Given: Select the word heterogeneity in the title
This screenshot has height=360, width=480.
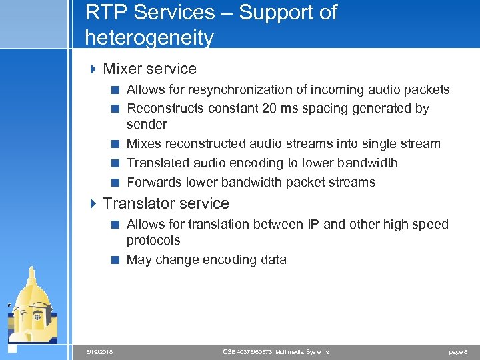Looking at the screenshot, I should (x=149, y=38).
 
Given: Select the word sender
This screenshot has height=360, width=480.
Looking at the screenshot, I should (x=147, y=125).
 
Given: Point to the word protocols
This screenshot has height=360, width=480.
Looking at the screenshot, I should (x=153, y=241).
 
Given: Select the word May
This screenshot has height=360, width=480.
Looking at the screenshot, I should (x=139, y=260).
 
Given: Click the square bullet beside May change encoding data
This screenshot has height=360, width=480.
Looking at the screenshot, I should (x=115, y=260).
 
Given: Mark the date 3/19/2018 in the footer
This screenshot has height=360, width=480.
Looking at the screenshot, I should (x=99, y=352).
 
